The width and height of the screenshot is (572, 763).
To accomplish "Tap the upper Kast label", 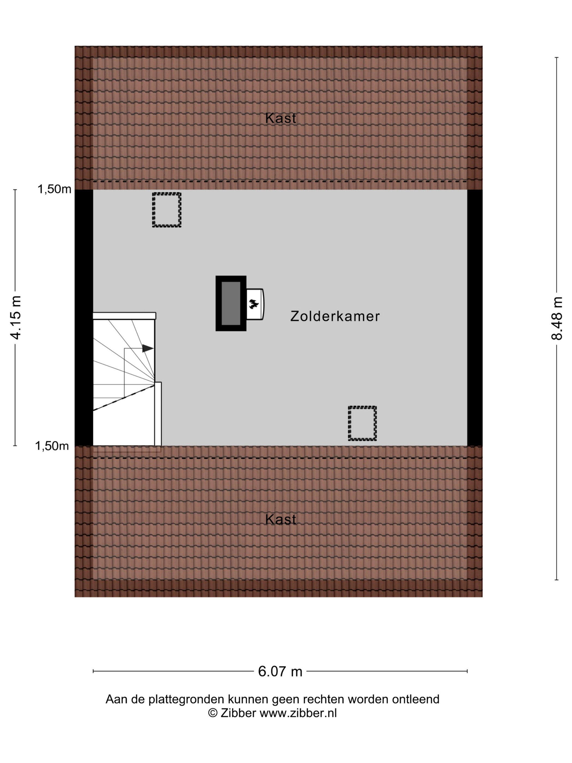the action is coord(281,118).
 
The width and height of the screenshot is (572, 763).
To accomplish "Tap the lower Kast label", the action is coord(281,519).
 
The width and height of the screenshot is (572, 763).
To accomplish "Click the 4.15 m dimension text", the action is coord(16,318).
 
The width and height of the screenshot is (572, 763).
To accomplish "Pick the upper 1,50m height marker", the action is coord(54,189).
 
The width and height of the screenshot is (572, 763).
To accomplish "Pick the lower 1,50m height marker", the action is coord(52,446).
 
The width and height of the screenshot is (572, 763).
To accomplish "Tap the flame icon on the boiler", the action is coord(254,304).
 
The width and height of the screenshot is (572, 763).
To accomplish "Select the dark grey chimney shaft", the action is coord(231,303).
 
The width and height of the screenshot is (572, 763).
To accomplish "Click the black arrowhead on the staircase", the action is coord(148,348).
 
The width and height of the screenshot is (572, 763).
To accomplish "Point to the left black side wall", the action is coord(84,318).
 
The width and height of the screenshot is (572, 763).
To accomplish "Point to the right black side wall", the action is coord(475,318).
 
